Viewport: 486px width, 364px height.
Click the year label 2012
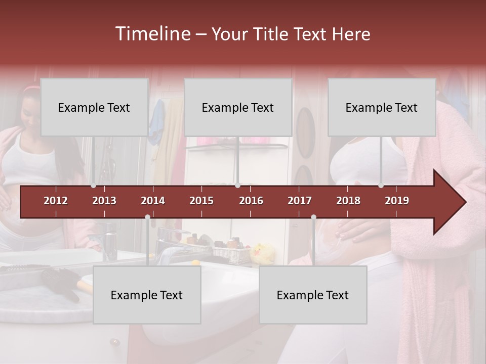[56, 201]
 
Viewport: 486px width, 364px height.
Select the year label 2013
[104, 201]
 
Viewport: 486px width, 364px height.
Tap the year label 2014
[153, 201]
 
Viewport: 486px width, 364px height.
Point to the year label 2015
[201, 201]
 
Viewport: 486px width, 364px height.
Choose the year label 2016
[251, 201]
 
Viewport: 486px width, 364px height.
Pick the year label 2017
[300, 201]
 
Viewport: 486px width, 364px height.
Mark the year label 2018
[348, 201]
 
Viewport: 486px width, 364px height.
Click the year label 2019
[397, 201]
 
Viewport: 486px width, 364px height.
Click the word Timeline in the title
[152, 34]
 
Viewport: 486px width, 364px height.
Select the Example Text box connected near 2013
[94, 107]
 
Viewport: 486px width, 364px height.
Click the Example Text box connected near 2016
[238, 107]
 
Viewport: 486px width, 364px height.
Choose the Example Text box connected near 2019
[382, 107]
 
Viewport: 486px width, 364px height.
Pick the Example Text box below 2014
[147, 295]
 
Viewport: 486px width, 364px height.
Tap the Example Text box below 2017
[313, 295]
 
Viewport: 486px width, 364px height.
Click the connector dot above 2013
[93, 186]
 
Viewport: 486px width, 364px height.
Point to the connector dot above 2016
[237, 186]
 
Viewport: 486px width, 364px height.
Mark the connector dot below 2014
[147, 217]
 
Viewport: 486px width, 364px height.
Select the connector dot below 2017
[313, 217]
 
